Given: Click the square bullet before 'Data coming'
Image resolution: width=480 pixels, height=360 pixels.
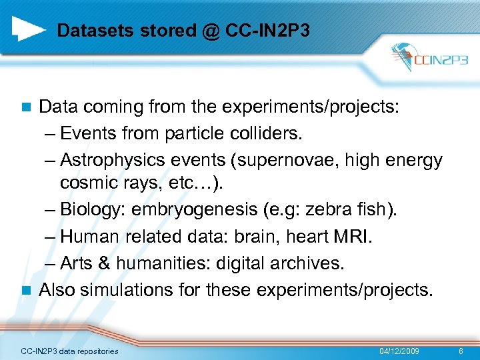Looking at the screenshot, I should pyautogui.click(x=26, y=108).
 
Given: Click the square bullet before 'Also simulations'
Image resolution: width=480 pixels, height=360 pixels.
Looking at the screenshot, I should pyautogui.click(x=26, y=291).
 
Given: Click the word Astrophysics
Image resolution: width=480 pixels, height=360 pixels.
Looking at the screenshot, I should pyautogui.click(x=108, y=160).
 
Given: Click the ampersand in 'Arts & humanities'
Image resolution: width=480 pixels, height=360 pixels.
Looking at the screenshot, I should pyautogui.click(x=103, y=263).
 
